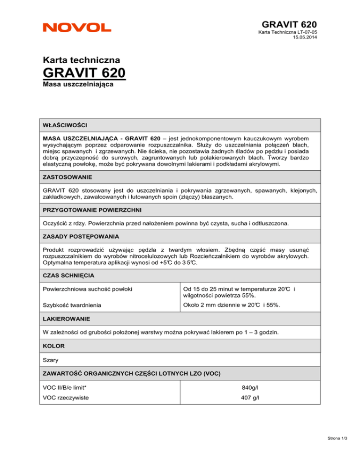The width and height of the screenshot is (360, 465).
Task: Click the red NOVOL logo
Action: pyautogui.click(x=77, y=28)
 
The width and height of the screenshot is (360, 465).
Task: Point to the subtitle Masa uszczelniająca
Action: pyautogui.click(x=73, y=86)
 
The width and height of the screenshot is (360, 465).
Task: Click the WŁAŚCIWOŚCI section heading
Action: pyautogui.click(x=64, y=125)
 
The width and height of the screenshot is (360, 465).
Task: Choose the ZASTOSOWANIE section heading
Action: pyautogui.click(x=67, y=178)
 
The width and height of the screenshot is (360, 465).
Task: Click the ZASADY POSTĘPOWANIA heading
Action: pyautogui.click(x=81, y=236)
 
